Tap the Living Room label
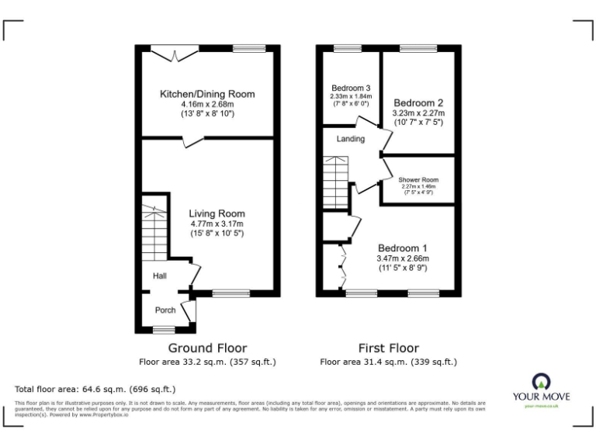217,213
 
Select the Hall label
160,275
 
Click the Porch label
165,310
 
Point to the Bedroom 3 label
351,87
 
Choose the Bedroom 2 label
418,102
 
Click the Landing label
351,139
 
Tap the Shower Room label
418,180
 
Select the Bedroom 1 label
403,248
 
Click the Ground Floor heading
207,348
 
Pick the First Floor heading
388,348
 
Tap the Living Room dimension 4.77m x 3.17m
217,223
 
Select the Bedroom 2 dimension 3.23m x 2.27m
418,113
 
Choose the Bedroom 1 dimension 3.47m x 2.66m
403,258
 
